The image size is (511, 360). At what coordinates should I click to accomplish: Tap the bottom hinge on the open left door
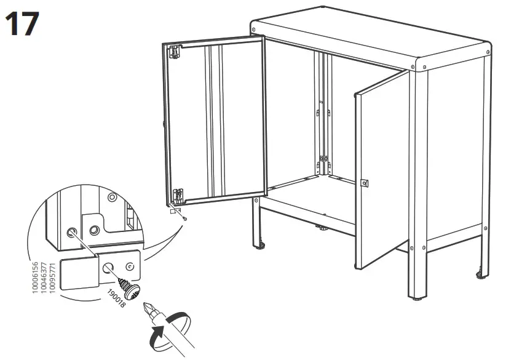tap(178, 194)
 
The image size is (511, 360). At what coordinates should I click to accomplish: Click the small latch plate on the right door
tap(363, 183)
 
